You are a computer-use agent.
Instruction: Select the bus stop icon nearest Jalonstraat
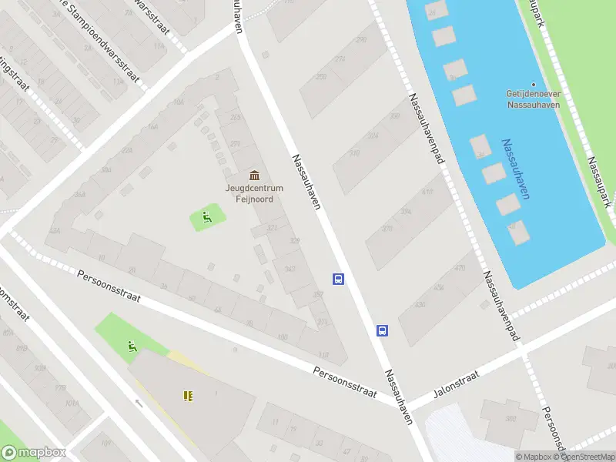pyautogui.click(x=382, y=330)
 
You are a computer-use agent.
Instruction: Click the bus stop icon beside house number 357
pyautogui.click(x=337, y=279)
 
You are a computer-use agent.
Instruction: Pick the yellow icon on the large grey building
pyautogui.click(x=187, y=396)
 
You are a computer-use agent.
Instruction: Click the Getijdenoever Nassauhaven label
pyautogui.click(x=533, y=99)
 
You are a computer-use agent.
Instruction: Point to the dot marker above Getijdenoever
pyautogui.click(x=533, y=85)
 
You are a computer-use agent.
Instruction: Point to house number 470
pyautogui.click(x=460, y=268)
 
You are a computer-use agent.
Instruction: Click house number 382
pyautogui.click(x=509, y=418)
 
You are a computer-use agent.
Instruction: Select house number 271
pyautogui.click(x=235, y=143)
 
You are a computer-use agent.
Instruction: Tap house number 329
pyautogui.click(x=294, y=241)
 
